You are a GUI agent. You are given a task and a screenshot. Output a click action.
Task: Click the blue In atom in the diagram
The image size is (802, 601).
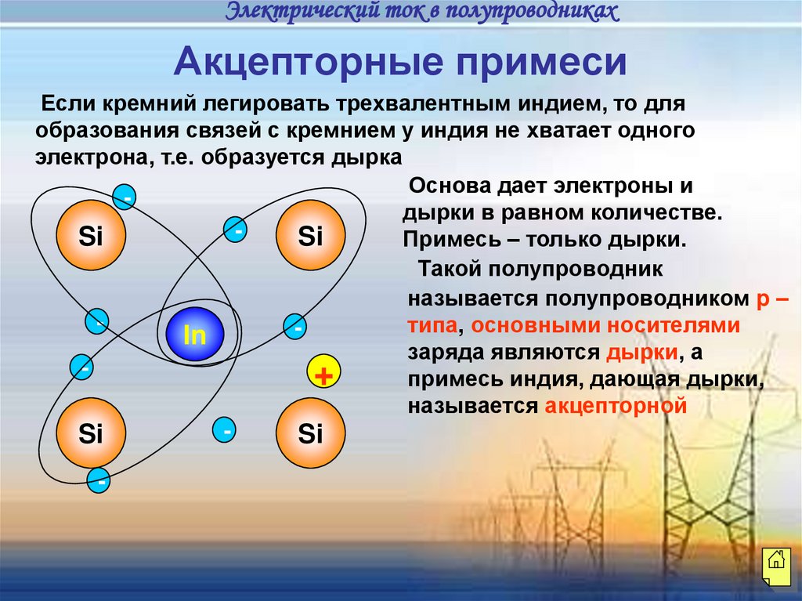pyautogui.click(x=194, y=335)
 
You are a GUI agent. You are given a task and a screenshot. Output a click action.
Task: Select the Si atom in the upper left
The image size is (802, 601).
pyautogui.click(x=91, y=236)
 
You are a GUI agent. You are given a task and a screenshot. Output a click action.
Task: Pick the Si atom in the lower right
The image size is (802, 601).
pyautogui.click(x=310, y=434)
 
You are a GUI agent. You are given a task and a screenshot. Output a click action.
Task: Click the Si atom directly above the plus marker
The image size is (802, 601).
pyautogui.click(x=310, y=236)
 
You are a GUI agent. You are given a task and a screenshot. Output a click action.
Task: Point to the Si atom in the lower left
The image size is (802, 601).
pyautogui.click(x=91, y=434)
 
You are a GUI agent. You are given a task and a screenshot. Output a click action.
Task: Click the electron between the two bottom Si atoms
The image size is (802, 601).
pyautogui.click(x=226, y=430)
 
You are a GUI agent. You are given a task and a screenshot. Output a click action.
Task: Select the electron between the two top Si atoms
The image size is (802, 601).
pyautogui.click(x=236, y=230)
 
